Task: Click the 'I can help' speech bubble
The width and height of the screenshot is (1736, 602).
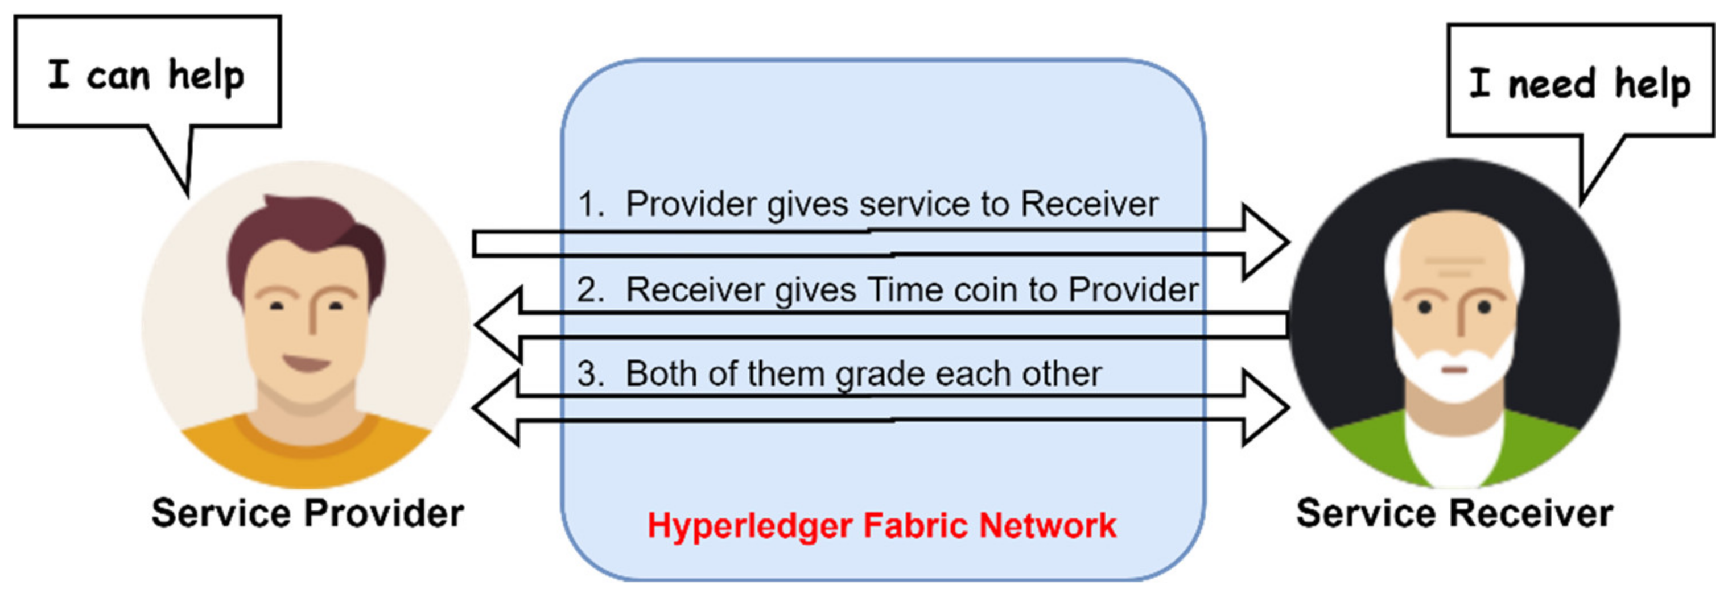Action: tap(147, 73)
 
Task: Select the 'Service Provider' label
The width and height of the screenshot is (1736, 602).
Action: tap(307, 513)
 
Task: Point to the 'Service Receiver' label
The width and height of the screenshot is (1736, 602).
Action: tap(1454, 513)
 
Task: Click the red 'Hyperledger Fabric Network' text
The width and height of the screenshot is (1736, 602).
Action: tap(881, 525)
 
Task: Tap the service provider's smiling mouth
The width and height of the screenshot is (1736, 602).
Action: tap(307, 364)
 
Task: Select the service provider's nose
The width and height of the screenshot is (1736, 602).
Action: tap(311, 317)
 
